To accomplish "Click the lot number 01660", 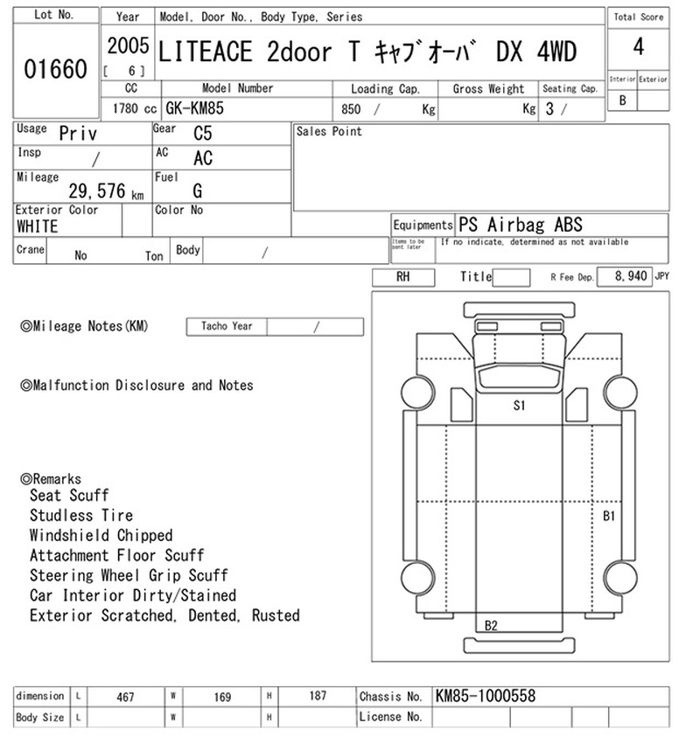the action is click(x=55, y=69).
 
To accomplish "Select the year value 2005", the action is click(x=128, y=46).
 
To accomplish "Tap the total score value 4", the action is click(x=639, y=47).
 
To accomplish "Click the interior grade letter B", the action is click(x=622, y=101).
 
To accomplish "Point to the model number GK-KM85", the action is click(x=194, y=108).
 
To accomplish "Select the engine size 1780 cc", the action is click(x=135, y=109).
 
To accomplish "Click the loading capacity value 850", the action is click(x=351, y=109).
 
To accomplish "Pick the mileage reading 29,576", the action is click(x=97, y=191).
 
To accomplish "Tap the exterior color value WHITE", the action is click(x=38, y=227).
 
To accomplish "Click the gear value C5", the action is click(x=202, y=134).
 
